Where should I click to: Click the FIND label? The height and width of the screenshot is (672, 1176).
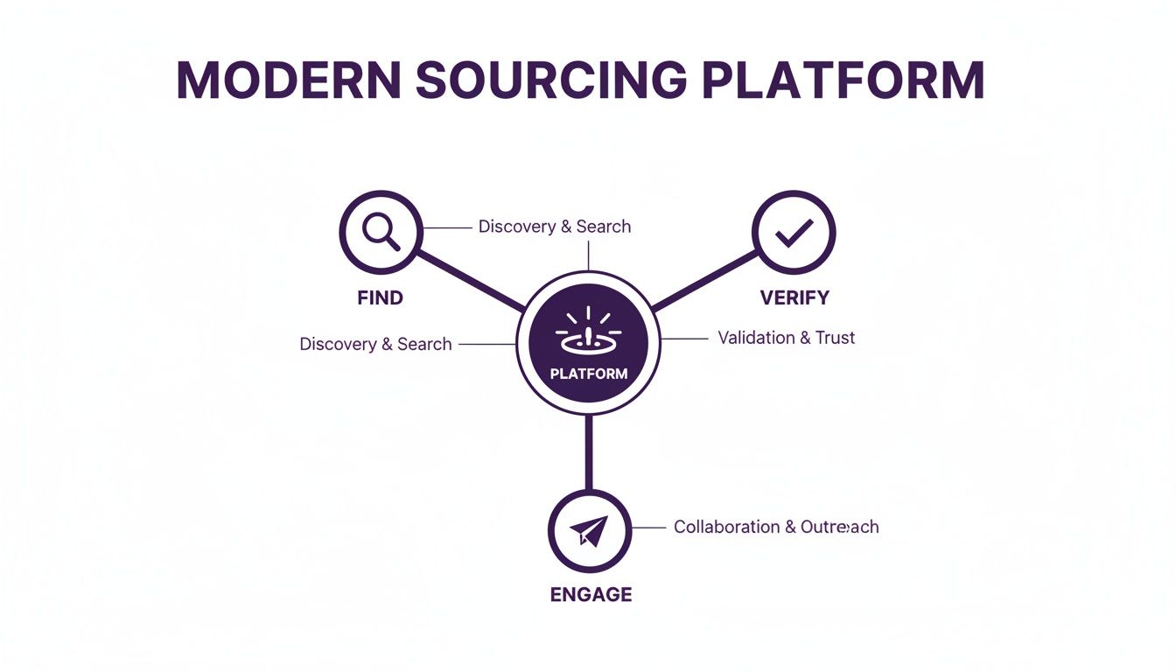(x=381, y=297)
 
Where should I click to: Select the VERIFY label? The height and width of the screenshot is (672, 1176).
(x=794, y=297)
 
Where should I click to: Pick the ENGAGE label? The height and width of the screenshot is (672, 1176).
(x=591, y=594)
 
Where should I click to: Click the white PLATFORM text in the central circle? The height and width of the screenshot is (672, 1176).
(x=589, y=374)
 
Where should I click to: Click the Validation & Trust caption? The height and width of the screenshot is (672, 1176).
(x=786, y=338)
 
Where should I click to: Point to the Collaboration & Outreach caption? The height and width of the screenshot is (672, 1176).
(x=776, y=527)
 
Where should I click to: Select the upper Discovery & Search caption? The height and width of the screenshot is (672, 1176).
(x=554, y=227)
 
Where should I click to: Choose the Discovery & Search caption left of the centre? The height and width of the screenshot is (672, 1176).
(x=375, y=344)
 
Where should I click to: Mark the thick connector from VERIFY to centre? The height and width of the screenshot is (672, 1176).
(x=704, y=280)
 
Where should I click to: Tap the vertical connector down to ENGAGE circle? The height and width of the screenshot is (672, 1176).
(x=589, y=453)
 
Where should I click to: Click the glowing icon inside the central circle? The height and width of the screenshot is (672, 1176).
(x=588, y=330)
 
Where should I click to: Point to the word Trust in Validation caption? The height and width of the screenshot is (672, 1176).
(x=835, y=338)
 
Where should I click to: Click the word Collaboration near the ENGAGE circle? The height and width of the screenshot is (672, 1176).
(x=726, y=527)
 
